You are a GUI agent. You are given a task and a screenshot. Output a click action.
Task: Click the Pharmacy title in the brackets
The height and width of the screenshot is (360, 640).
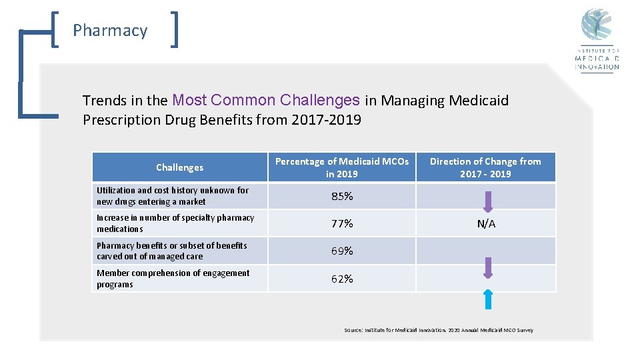click(x=110, y=31)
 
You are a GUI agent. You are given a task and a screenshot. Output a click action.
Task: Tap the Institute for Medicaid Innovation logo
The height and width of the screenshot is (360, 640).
click(x=597, y=40)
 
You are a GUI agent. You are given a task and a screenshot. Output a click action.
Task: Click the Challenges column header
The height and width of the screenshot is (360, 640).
click(x=179, y=167)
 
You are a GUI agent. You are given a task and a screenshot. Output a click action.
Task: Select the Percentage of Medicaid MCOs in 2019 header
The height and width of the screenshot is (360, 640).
click(x=342, y=167)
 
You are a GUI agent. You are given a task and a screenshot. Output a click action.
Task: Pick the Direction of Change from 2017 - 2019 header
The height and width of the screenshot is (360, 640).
click(x=485, y=167)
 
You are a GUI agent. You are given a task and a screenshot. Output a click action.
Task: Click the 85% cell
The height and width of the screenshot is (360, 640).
click(x=342, y=197)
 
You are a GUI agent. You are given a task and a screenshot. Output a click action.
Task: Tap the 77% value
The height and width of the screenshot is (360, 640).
click(x=342, y=224)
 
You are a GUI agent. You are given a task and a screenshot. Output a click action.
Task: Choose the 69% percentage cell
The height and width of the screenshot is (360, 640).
click(x=342, y=251)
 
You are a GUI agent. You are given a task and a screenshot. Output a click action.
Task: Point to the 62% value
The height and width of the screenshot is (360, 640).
click(x=342, y=279)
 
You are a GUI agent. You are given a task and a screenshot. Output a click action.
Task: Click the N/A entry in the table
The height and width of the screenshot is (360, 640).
click(x=486, y=224)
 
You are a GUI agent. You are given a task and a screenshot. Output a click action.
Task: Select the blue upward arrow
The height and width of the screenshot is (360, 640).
click(x=488, y=299)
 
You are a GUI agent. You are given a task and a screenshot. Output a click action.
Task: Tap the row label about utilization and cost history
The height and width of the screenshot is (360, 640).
click(x=172, y=196)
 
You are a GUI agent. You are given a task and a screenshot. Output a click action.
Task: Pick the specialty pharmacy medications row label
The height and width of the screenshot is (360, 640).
click(x=175, y=223)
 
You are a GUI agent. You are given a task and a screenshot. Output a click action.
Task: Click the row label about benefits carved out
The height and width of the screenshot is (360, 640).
click(x=171, y=251)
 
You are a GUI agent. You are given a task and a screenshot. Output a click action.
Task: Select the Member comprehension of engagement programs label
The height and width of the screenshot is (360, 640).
click(x=173, y=279)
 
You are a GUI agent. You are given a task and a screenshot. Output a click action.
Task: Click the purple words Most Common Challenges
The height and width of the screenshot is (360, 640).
click(x=266, y=101)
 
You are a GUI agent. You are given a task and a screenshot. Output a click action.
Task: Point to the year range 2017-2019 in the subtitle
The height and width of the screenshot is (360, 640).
click(x=326, y=120)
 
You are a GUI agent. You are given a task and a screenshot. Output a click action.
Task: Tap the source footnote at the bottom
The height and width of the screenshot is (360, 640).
click(x=438, y=330)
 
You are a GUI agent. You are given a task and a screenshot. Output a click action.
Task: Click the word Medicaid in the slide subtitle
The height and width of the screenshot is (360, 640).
click(x=479, y=101)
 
